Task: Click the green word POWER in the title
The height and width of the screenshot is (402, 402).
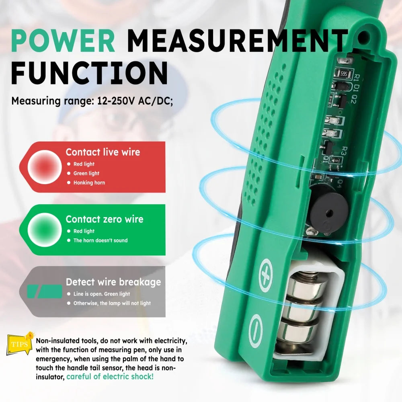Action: click(x=63, y=41)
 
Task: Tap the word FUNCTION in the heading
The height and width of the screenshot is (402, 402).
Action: click(x=90, y=73)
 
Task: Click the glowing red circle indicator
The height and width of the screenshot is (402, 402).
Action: click(x=45, y=167)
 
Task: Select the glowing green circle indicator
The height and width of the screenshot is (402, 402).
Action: click(x=45, y=230)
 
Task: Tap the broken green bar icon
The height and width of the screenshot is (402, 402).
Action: click(x=45, y=291)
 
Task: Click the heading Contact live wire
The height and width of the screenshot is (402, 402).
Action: click(x=103, y=152)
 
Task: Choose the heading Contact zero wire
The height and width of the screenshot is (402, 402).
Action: click(x=105, y=219)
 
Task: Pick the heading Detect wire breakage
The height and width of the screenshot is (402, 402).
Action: click(x=113, y=282)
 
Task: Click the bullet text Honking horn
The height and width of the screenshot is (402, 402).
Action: click(x=89, y=183)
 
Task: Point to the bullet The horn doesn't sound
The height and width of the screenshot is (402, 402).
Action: click(x=100, y=240)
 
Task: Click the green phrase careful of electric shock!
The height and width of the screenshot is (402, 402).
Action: click(x=110, y=377)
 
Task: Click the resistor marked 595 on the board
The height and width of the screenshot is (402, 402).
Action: click(x=344, y=74)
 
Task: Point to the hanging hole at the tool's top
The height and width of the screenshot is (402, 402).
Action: click(x=365, y=39)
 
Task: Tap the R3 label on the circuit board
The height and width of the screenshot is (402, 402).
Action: click(x=344, y=151)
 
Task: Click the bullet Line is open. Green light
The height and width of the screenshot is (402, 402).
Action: click(x=102, y=294)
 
